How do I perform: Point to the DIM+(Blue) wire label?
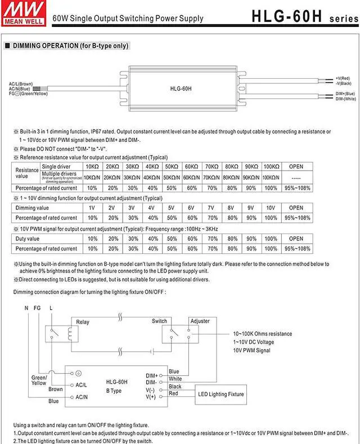click(345, 93)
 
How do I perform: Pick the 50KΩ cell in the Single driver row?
click(171, 167)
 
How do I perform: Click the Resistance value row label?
click(26, 172)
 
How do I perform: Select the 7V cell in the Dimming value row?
click(211, 208)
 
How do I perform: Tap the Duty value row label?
click(27, 239)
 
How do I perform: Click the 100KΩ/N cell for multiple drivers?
click(271, 177)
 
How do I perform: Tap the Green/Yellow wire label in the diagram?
click(39, 380)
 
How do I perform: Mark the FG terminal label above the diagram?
click(38, 308)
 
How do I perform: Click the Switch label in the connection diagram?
click(159, 321)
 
